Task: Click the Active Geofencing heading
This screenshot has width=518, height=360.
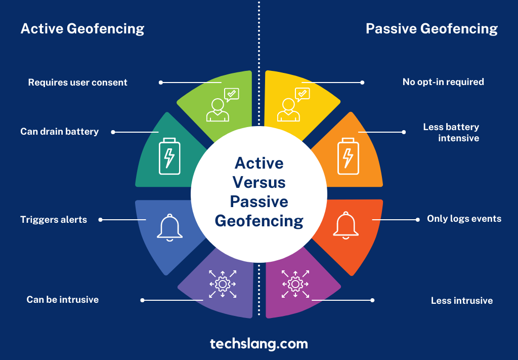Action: (x=82, y=29)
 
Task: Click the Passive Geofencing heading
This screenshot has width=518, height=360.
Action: (x=431, y=29)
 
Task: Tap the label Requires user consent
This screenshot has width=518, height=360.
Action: (x=77, y=82)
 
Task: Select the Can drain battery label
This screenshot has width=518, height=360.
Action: (x=59, y=132)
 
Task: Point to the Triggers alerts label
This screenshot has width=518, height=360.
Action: (x=54, y=220)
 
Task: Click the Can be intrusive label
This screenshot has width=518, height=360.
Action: (x=62, y=300)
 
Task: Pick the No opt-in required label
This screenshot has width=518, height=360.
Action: (x=443, y=82)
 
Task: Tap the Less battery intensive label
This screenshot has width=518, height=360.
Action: (x=451, y=132)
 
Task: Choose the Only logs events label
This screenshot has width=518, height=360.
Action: (x=464, y=219)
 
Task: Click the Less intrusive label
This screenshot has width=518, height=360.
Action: (x=461, y=301)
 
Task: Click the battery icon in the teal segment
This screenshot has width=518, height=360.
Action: (x=169, y=156)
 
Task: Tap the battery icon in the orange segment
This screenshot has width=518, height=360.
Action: (x=348, y=155)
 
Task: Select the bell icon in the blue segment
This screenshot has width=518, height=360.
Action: (x=169, y=226)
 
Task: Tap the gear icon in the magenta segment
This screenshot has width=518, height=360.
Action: (x=295, y=284)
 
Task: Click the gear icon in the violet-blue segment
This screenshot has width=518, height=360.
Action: (x=223, y=284)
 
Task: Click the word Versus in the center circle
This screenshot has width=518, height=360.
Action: (x=259, y=182)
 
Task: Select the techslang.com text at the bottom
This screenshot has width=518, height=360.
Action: (x=259, y=344)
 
